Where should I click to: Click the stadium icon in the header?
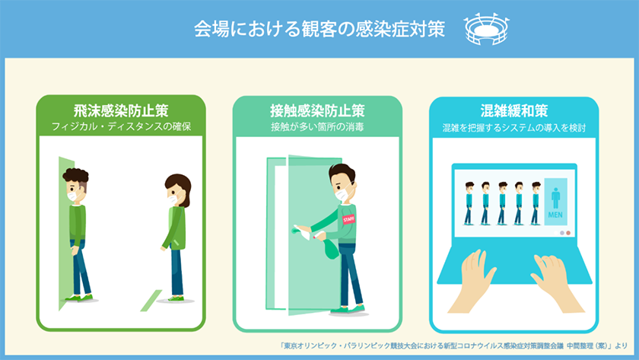click(x=485, y=30)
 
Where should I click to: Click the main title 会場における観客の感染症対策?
click(x=319, y=29)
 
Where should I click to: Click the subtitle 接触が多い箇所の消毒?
click(x=317, y=126)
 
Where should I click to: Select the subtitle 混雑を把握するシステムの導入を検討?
click(x=515, y=126)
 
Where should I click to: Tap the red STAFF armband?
click(x=349, y=218)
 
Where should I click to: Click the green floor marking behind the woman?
click(x=154, y=294)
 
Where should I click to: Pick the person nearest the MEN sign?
click(x=536, y=202)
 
